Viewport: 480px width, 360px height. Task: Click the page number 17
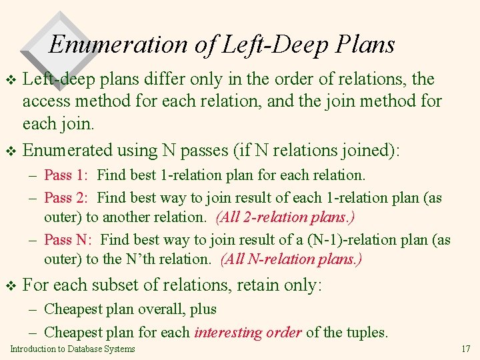click(465, 349)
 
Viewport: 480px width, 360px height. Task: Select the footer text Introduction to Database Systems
click(73, 349)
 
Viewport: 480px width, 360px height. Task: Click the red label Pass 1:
click(66, 175)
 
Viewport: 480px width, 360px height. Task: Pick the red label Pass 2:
click(66, 198)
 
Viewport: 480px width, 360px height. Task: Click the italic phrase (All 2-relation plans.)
click(295, 217)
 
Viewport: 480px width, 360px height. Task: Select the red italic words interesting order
click(248, 332)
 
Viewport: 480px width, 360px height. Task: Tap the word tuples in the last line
click(367, 332)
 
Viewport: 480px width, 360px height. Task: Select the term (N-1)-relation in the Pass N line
click(346, 240)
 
